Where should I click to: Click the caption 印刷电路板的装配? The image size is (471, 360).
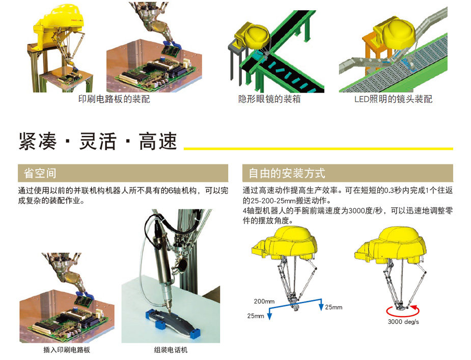click(x=114, y=99)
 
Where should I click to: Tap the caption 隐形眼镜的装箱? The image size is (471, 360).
click(x=269, y=99)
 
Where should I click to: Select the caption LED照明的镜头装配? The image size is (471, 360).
click(x=393, y=99)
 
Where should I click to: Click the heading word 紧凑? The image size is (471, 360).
click(x=38, y=141)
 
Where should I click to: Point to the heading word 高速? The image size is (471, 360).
click(x=158, y=141)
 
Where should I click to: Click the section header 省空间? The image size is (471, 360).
click(x=40, y=173)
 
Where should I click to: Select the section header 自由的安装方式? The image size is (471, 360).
click(x=287, y=173)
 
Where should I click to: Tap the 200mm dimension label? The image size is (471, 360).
click(x=264, y=301)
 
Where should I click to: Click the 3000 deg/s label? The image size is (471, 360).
click(x=403, y=322)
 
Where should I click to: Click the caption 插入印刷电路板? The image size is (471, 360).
click(x=67, y=349)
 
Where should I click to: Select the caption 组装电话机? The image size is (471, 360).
click(x=171, y=349)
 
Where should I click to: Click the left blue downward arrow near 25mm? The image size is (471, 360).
click(x=269, y=314)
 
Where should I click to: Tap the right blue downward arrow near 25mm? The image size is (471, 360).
click(x=321, y=305)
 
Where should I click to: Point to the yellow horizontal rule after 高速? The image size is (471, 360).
click(x=318, y=149)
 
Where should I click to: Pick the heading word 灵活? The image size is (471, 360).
click(x=98, y=141)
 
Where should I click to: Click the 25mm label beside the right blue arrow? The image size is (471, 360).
click(x=334, y=307)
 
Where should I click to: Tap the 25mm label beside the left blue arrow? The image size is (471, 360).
click(x=256, y=316)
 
